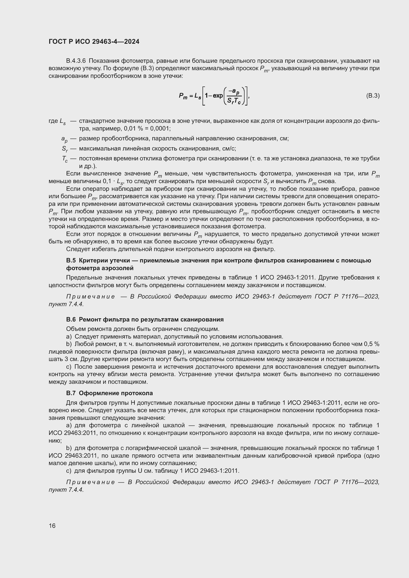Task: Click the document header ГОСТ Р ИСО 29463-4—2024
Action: [94, 42]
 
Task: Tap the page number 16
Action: [52, 526]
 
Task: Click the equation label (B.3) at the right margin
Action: [373, 96]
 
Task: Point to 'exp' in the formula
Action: [218, 96]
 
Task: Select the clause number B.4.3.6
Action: [76, 61]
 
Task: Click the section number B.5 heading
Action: [71, 260]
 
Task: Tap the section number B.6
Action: [71, 320]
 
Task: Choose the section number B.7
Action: [71, 393]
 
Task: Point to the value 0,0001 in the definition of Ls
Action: [160, 129]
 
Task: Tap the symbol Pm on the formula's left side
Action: [183, 96]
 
